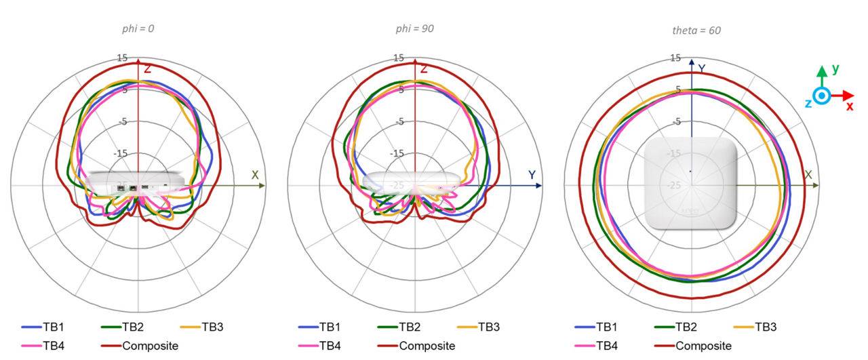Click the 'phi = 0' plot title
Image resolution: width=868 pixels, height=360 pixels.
pyautogui.click(x=138, y=29)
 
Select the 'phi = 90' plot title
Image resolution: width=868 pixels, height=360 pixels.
pyautogui.click(x=414, y=29)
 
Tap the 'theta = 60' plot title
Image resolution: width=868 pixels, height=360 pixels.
pyautogui.click(x=691, y=31)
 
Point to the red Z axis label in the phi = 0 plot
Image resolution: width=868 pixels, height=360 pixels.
pyautogui.click(x=146, y=68)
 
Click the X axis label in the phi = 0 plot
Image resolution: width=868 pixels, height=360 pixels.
pyautogui.click(x=255, y=175)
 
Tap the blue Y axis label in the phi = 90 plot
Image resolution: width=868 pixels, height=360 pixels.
pyautogui.click(x=532, y=175)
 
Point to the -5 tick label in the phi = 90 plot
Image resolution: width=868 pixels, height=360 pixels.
pyautogui.click(x=399, y=122)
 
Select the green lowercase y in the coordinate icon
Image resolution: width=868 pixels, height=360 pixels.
pyautogui.click(x=835, y=69)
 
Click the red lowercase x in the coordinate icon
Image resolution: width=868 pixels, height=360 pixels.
pyautogui.click(x=849, y=106)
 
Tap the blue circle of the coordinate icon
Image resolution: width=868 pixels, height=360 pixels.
pyautogui.click(x=821, y=96)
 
